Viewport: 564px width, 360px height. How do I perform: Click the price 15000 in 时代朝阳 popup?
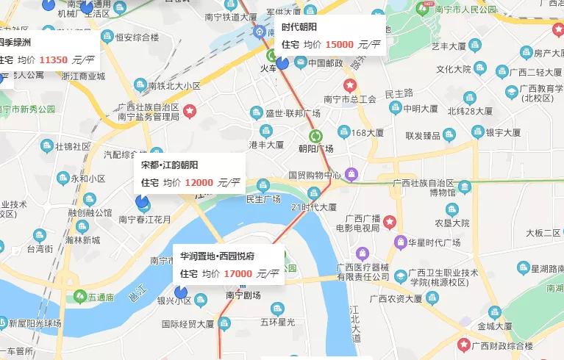point(339,44)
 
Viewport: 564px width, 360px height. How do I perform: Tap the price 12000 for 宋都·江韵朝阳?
point(199,183)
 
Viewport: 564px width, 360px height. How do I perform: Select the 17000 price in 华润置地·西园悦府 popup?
point(238,274)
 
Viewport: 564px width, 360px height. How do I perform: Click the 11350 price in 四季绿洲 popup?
point(54,60)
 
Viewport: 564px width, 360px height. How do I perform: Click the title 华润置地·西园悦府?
point(218,256)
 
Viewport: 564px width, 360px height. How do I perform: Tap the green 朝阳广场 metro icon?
point(316,136)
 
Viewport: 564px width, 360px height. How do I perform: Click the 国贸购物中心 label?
point(314,175)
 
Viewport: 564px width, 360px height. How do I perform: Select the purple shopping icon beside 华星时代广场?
point(401,242)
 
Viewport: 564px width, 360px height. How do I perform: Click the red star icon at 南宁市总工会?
point(350,85)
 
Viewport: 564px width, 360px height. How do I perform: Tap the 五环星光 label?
point(277,323)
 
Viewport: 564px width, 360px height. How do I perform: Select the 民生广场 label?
point(263,198)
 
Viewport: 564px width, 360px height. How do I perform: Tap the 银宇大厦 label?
point(503,132)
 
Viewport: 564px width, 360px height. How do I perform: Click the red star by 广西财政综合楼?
point(463,345)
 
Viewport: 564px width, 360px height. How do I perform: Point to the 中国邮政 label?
point(326,63)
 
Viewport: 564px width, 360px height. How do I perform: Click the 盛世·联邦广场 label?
point(293,113)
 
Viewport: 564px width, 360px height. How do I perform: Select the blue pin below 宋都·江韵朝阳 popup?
point(143,201)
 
